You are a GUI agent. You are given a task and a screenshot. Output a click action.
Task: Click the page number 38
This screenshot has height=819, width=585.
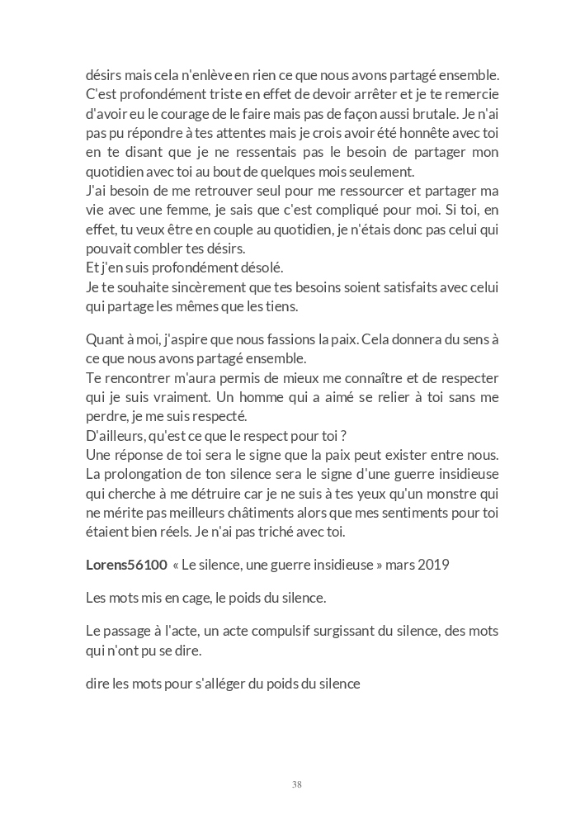pyautogui.click(x=296, y=784)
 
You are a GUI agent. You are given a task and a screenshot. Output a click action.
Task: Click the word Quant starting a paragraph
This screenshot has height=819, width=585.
pyautogui.click(x=104, y=339)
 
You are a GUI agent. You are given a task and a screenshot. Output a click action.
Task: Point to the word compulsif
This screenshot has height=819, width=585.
pyautogui.click(x=297, y=632)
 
